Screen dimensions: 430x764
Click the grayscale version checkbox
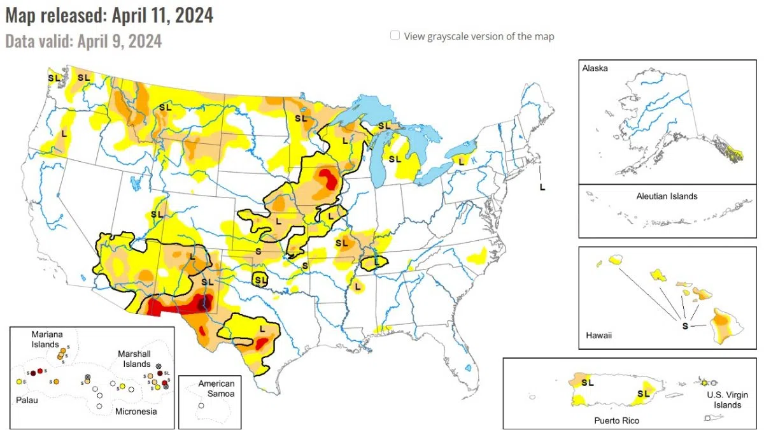[395, 36]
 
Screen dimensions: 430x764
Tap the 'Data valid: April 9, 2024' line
[83, 41]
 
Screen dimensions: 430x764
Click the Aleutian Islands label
[667, 196]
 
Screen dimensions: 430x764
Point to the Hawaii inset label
[598, 335]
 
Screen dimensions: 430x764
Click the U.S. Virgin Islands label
[724, 400]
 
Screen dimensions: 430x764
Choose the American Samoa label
[216, 389]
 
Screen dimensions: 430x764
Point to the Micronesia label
[136, 412]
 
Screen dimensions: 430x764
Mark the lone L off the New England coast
[542, 187]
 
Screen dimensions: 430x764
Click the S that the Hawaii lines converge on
[685, 326]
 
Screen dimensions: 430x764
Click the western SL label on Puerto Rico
[588, 383]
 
